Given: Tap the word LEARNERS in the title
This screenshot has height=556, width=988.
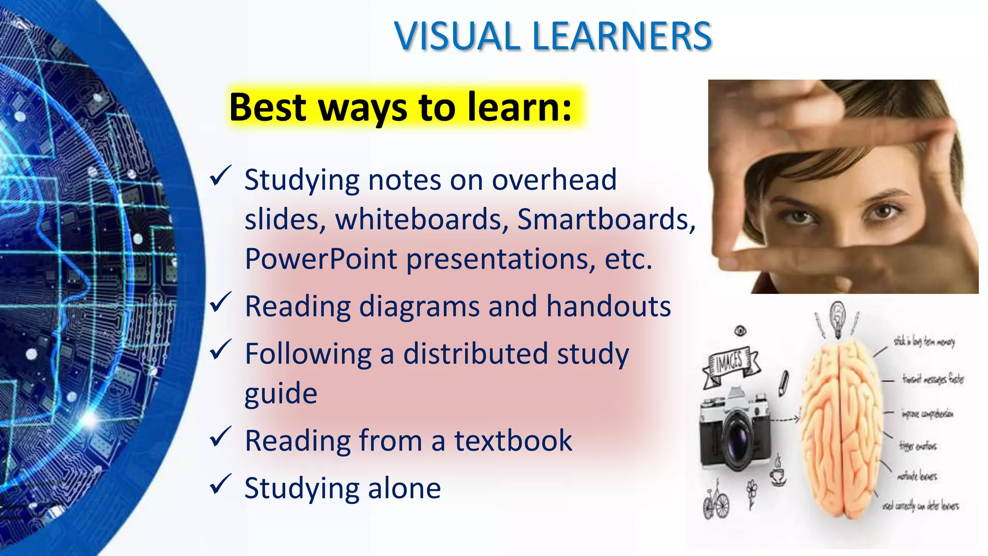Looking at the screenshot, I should [x=622, y=37].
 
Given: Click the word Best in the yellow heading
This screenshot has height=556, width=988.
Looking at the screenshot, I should [x=268, y=107].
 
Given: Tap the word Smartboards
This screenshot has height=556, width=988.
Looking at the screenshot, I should [x=606, y=220].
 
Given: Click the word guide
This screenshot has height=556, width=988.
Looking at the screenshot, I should [x=281, y=394].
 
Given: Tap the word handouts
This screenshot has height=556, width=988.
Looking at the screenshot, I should [x=608, y=306].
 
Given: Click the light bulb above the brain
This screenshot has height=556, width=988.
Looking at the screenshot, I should [x=838, y=319].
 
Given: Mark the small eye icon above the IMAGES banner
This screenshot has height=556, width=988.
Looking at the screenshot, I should [x=740, y=331].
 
